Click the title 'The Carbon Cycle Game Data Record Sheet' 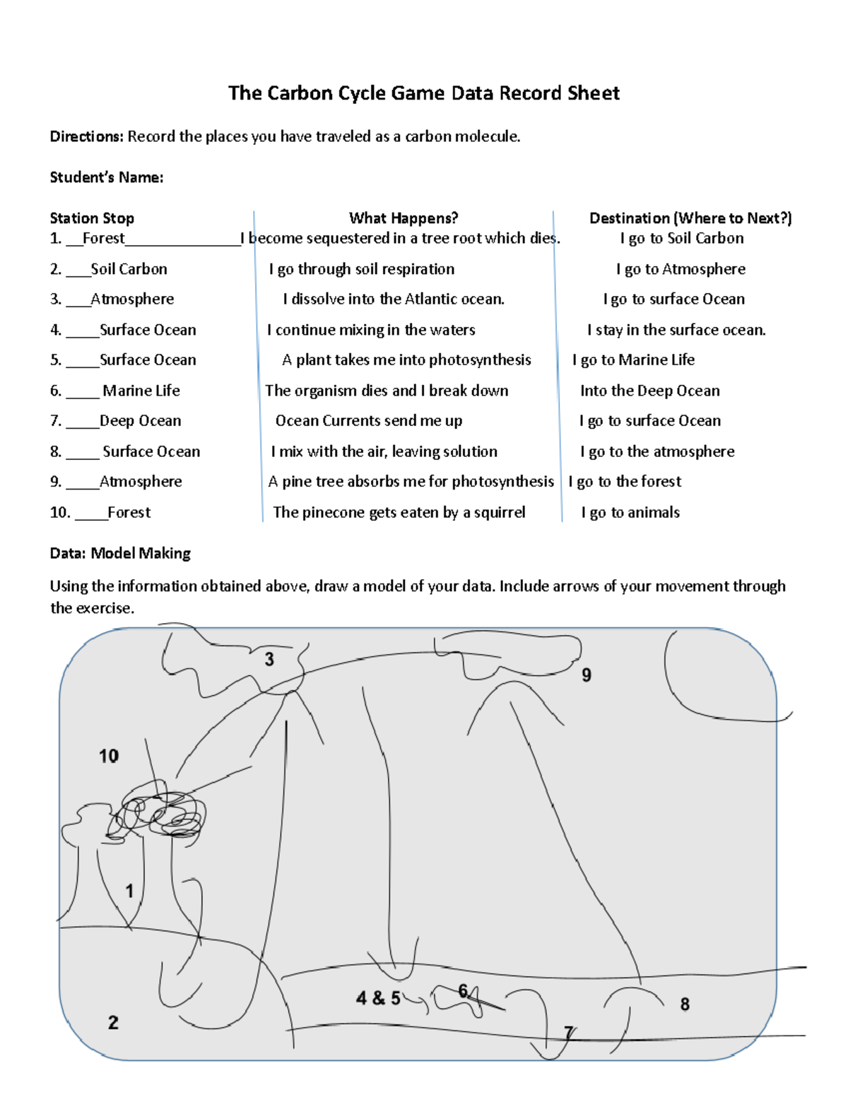[424, 93]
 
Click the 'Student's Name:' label [107, 177]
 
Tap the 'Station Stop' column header [92, 218]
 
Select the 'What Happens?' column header [404, 218]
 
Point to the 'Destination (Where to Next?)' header [690, 218]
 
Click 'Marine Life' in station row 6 [141, 391]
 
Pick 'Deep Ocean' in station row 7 [141, 421]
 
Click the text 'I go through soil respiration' [362, 269]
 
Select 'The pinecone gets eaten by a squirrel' [399, 512]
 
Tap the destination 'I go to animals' [630, 512]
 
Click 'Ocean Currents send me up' [369, 421]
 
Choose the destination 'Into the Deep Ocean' [650, 391]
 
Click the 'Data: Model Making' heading [120, 553]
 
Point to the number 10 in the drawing [109, 756]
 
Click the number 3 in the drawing [269, 660]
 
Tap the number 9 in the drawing [587, 675]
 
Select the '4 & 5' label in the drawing [378, 998]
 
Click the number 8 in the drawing [685, 1004]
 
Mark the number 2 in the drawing [113, 1022]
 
